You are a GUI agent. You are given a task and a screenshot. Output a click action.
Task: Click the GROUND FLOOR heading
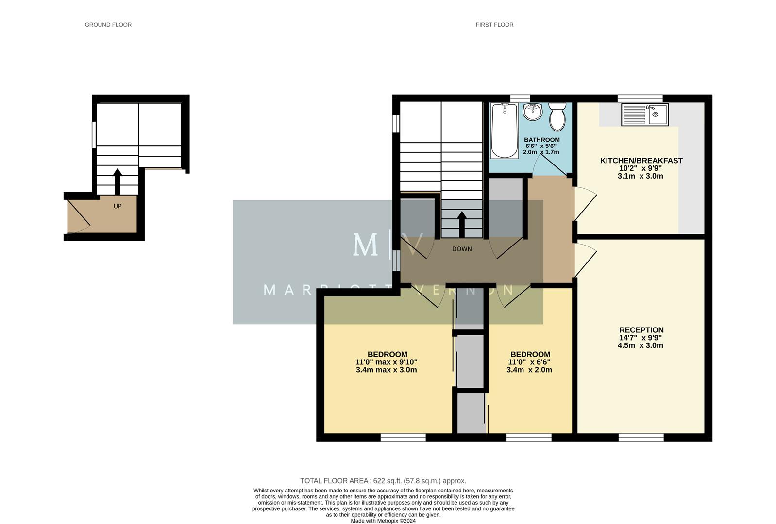tap(108, 25)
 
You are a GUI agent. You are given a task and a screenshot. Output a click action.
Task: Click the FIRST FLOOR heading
tap(494, 25)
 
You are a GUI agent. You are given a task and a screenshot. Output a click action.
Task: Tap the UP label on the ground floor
tap(118, 206)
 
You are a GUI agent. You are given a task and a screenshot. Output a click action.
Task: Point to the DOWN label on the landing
tap(462, 249)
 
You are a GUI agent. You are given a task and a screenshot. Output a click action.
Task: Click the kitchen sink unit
tap(644, 115)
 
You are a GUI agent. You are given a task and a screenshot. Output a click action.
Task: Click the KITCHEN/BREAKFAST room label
tap(641, 161)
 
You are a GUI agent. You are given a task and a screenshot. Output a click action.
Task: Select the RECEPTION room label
tap(641, 330)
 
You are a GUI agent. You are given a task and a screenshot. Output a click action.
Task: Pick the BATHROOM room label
tap(541, 140)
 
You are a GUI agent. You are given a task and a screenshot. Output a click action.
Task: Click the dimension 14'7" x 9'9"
tap(640, 338)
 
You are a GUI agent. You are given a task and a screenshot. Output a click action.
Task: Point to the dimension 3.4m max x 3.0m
tap(386, 370)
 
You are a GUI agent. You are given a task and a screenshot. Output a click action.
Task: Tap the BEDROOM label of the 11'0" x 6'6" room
tap(530, 354)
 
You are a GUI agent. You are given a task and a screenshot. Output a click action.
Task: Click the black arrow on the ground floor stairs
tap(118, 181)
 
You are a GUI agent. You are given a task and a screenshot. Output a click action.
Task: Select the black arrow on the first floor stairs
tap(462, 224)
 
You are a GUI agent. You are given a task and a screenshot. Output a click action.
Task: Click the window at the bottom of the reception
tap(641, 438)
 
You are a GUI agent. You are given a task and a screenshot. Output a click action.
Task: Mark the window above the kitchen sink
tap(640, 98)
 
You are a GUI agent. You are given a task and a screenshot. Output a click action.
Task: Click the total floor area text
tap(383, 481)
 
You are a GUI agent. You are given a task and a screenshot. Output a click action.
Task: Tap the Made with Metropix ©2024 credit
tap(383, 521)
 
